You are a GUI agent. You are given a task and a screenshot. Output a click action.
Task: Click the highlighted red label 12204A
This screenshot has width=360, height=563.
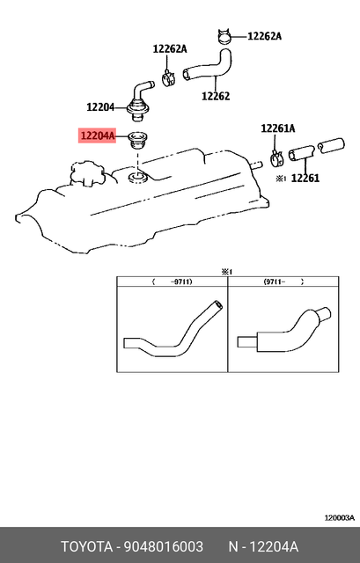pyautogui.click(x=99, y=136)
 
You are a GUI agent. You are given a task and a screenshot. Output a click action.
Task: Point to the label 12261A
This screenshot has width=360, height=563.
pyautogui.click(x=278, y=128)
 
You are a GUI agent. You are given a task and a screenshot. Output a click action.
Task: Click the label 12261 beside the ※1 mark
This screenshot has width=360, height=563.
pyautogui.click(x=305, y=178)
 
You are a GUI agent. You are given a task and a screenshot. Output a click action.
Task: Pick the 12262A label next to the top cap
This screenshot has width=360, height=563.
pyautogui.click(x=264, y=36)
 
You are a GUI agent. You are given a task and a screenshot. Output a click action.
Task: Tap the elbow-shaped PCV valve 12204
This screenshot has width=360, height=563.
pyautogui.click(x=141, y=99)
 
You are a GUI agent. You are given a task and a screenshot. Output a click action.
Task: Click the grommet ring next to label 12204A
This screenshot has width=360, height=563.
pyautogui.click(x=137, y=138)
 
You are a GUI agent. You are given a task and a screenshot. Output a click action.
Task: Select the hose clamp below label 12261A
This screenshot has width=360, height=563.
pyautogui.click(x=276, y=157)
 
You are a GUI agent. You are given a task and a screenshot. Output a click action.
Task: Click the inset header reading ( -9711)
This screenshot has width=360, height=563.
pyautogui.click(x=172, y=282)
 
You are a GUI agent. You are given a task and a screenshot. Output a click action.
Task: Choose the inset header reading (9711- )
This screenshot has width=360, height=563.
pyautogui.click(x=284, y=282)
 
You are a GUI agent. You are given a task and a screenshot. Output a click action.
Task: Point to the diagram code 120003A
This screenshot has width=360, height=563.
pyautogui.click(x=338, y=518)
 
